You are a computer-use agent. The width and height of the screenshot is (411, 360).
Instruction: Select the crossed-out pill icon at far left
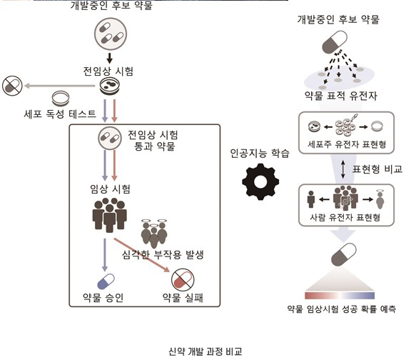13,86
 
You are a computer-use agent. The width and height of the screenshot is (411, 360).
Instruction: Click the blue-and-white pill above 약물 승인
105,281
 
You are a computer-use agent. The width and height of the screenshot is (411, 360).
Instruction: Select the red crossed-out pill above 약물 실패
181,279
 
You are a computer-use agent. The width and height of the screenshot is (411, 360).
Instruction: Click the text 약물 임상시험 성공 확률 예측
341,309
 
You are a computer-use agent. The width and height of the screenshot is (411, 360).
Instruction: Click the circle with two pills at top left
110,34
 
